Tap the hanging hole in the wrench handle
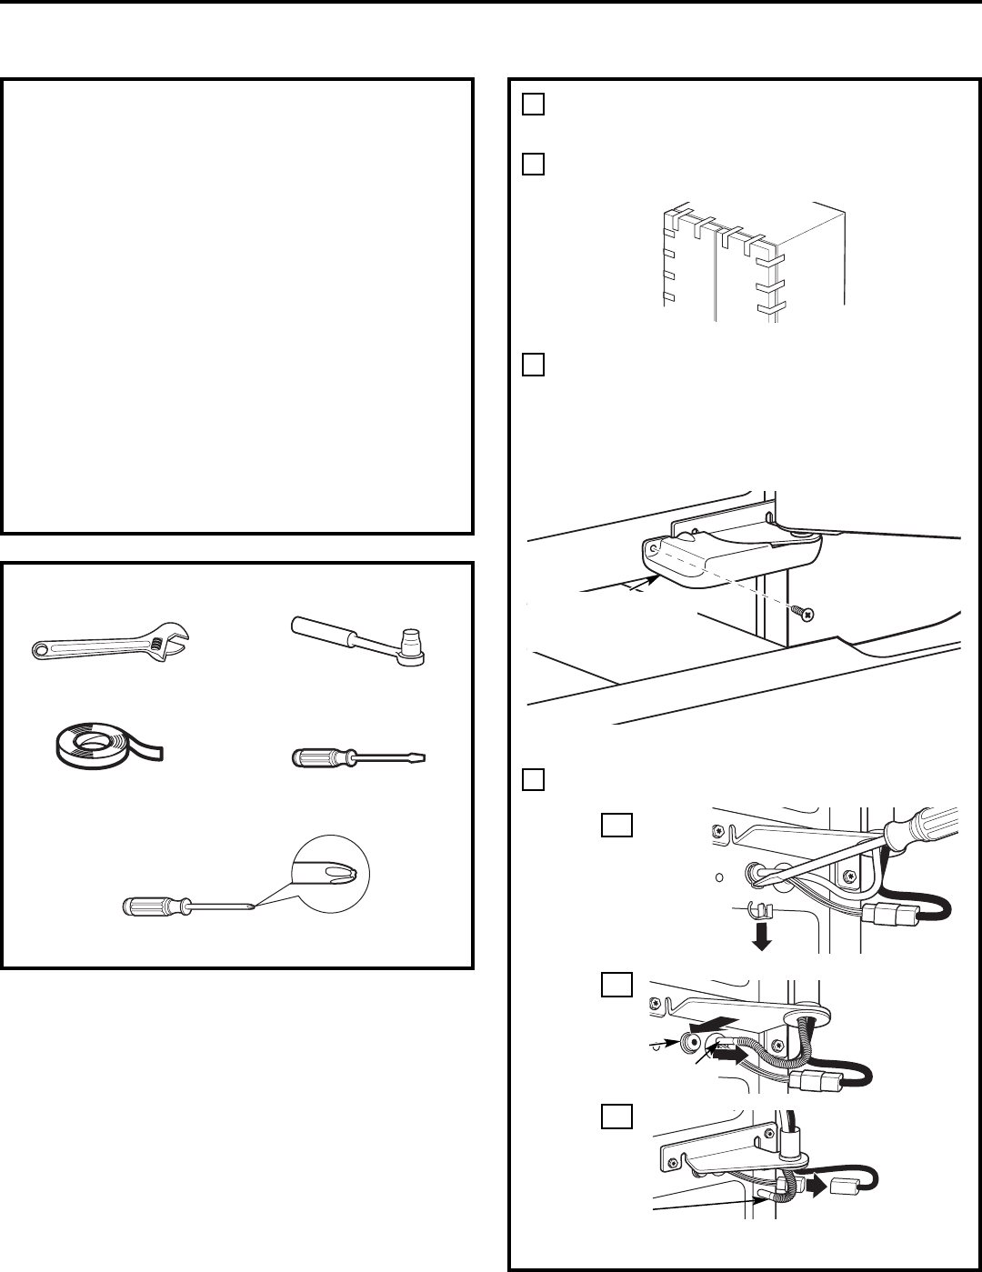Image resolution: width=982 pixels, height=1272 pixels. (40, 648)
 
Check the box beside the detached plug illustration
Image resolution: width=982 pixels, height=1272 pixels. (616, 1117)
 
